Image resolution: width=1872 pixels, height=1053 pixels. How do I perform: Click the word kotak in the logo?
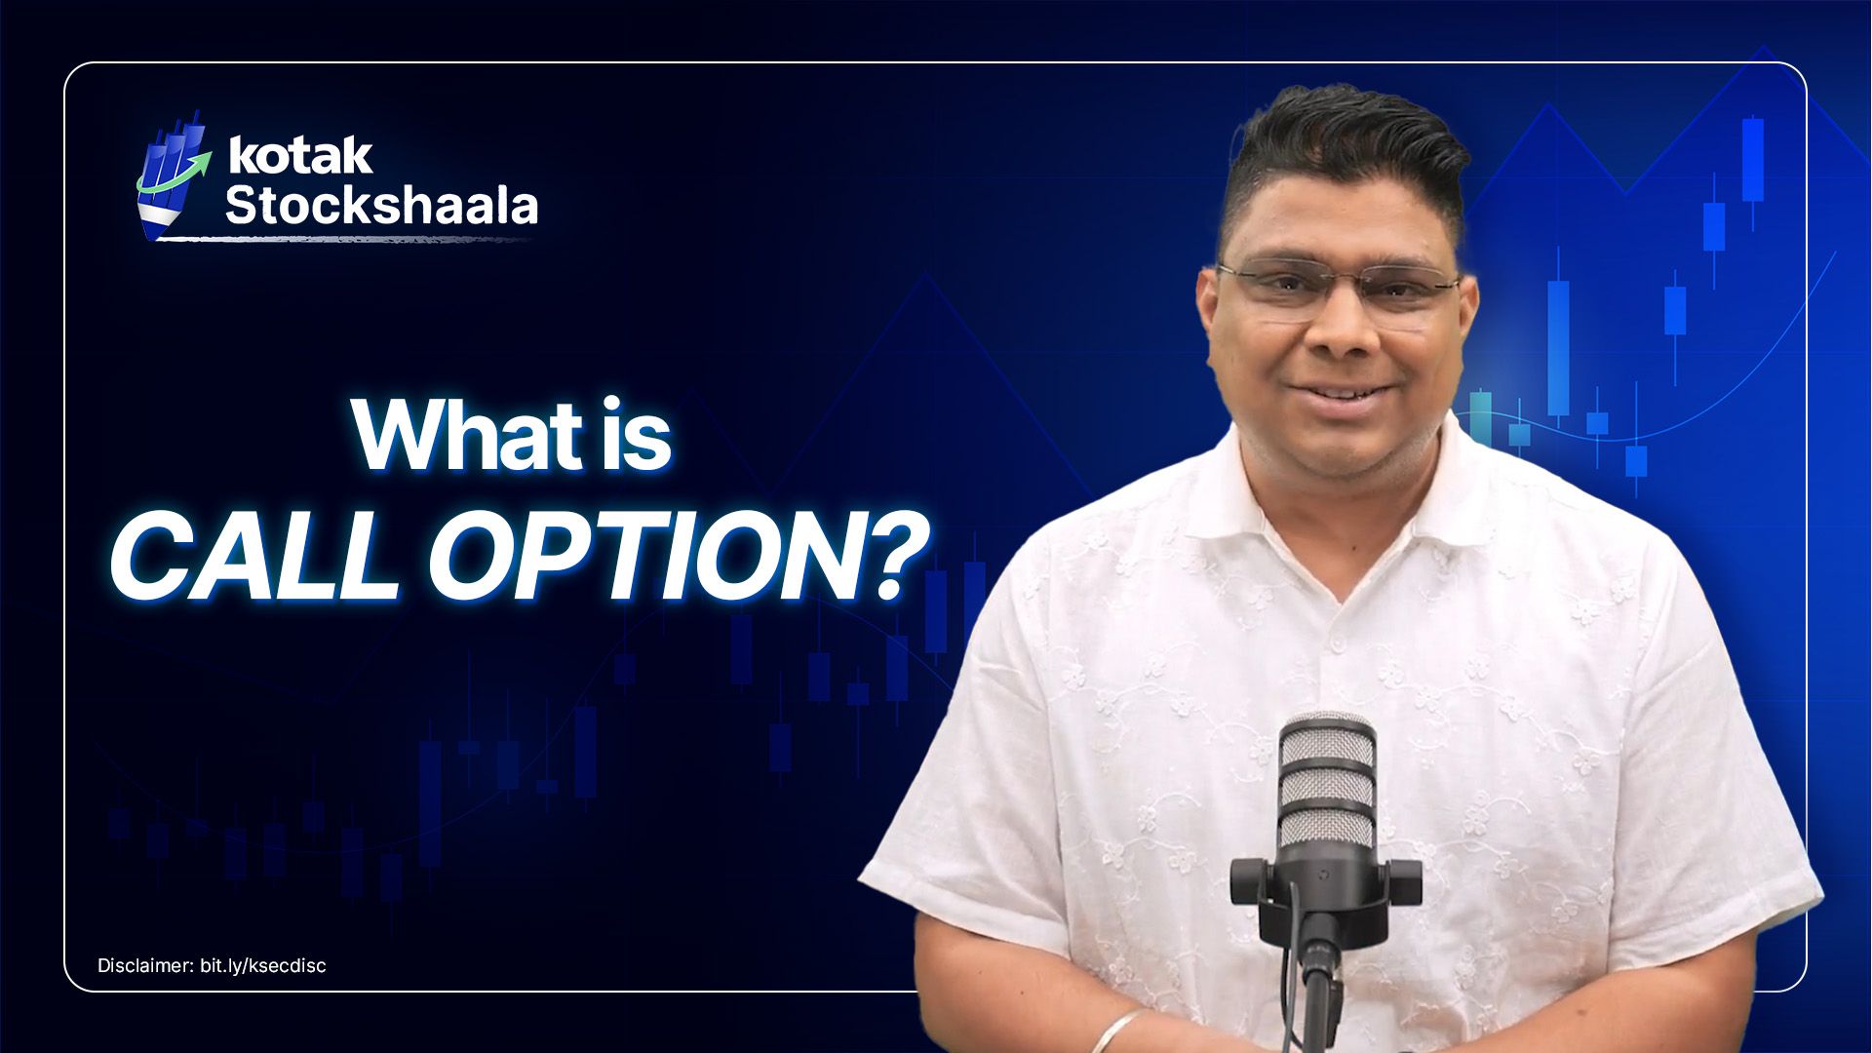pyautogui.click(x=299, y=157)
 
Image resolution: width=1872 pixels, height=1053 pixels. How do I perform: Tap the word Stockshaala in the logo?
pyautogui.click(x=381, y=206)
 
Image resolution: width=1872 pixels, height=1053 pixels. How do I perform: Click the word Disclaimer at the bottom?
pyautogui.click(x=145, y=966)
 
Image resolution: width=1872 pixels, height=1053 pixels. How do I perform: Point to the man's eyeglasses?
pyautogui.click(x=1338, y=287)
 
